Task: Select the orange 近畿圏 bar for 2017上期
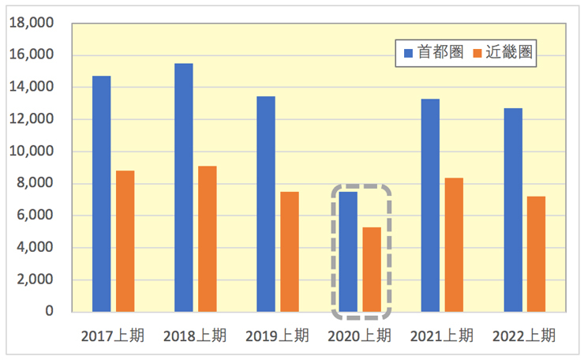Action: (x=125, y=241)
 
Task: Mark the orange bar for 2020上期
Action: (x=372, y=269)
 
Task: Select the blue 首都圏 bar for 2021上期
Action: (x=430, y=205)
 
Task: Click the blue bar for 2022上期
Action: (x=512, y=209)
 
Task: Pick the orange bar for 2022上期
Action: (x=536, y=253)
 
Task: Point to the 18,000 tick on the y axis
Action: (x=31, y=23)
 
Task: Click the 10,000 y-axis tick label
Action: (x=31, y=152)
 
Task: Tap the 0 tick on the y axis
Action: (x=49, y=312)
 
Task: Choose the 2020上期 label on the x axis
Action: (x=359, y=336)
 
